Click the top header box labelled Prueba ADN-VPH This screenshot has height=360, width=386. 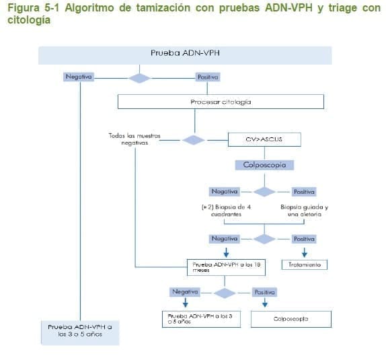coord(185,55)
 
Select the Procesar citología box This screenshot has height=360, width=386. coord(221,102)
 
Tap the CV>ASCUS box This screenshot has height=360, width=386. coord(264,140)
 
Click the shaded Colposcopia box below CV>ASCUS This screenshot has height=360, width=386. coord(264,164)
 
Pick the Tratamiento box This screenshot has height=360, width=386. coord(305,265)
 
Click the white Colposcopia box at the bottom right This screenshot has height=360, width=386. coord(291,319)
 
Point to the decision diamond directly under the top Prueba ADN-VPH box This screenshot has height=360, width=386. coord(139,77)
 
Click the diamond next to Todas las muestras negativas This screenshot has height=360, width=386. coord(194,140)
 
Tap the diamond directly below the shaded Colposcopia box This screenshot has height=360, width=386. coord(264,192)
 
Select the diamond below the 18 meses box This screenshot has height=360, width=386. coord(224,293)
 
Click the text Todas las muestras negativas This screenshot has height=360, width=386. coord(134,139)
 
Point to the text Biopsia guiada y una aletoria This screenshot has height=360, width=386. coord(305,210)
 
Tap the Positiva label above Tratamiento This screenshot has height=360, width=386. coord(304,239)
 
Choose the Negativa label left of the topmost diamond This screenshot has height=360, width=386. coord(79,77)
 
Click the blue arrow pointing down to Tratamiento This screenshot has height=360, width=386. coord(304,252)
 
